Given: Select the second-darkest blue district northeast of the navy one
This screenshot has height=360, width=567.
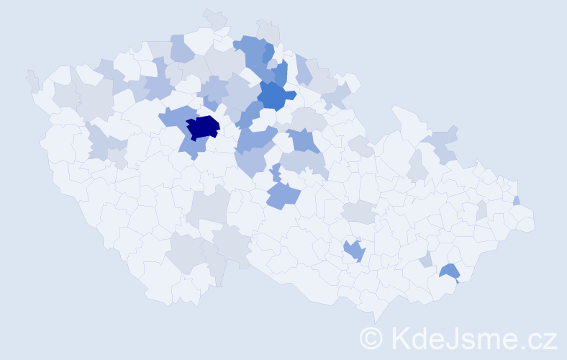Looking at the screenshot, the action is pyautogui.click(x=274, y=94).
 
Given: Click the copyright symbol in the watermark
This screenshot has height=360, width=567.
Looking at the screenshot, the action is pyautogui.click(x=371, y=338).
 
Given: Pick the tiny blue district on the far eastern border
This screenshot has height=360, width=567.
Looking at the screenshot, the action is pyautogui.click(x=517, y=201).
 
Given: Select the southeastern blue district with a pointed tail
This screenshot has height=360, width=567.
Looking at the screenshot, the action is pyautogui.click(x=450, y=271).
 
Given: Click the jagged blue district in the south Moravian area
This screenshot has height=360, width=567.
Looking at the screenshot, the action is pyautogui.click(x=354, y=251).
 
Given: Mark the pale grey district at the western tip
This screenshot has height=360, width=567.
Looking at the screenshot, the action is pyautogui.click(x=32, y=80).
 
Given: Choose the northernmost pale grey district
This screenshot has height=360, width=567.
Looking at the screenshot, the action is pyautogui.click(x=214, y=18).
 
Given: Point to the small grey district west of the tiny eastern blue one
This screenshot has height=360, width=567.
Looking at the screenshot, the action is pyautogui.click(x=481, y=210).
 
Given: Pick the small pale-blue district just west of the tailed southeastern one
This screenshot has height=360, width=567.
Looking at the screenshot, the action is pyautogui.click(x=426, y=259).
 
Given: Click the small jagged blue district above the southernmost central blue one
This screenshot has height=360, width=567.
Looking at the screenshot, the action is pyautogui.click(x=276, y=173).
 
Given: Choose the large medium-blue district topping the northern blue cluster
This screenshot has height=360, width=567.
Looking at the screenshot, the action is pyautogui.click(x=250, y=50).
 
